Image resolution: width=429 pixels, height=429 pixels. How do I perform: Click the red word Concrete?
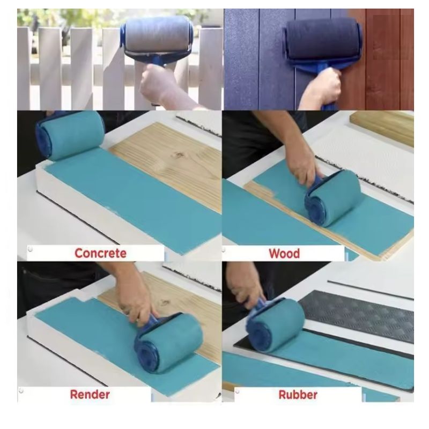(x=100, y=253)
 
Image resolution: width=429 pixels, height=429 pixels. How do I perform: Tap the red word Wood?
(x=284, y=254)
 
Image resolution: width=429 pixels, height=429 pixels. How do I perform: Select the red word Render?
(x=90, y=395)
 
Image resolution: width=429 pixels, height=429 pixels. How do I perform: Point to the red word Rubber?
(x=298, y=395)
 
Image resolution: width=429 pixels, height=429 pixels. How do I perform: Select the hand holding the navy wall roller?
(x=323, y=87)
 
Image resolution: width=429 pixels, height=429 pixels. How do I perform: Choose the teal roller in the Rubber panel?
(x=276, y=325)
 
